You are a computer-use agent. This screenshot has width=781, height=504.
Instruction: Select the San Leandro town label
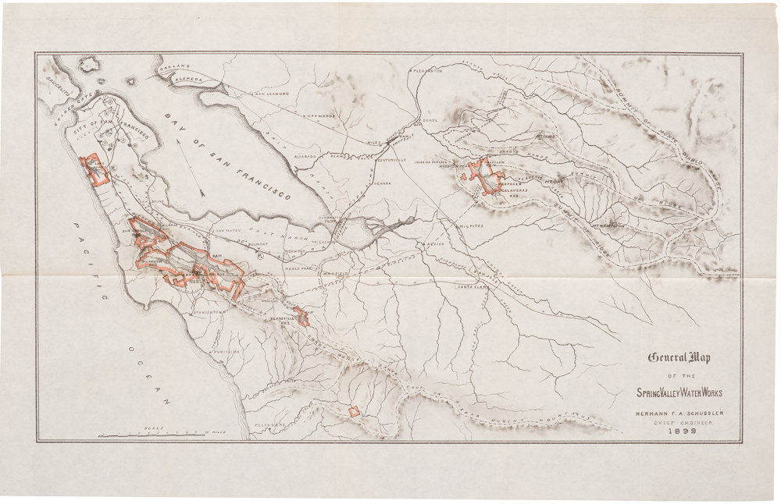click(271, 94)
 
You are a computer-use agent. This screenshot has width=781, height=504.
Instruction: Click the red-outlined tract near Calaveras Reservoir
click(486, 176)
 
